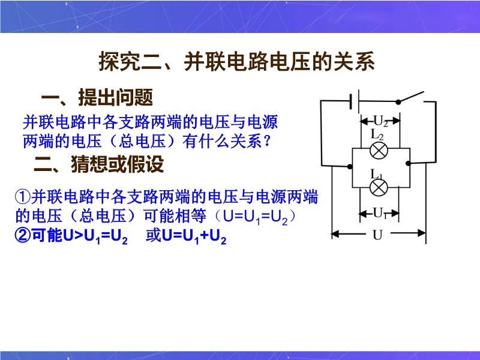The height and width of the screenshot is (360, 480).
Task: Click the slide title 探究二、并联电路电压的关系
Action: coord(236,62)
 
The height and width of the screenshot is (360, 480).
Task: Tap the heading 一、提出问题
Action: coord(97,97)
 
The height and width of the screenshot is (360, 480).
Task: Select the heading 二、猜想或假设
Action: coord(99,164)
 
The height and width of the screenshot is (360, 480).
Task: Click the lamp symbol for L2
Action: coord(379,151)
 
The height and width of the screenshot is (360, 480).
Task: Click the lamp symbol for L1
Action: coord(379,187)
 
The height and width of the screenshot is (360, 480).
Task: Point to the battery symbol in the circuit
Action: coord(354,100)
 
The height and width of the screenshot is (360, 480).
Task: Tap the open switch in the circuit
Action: coord(411,97)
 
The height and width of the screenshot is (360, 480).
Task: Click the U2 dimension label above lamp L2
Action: coord(380,121)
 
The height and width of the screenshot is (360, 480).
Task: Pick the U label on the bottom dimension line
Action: coord(378,235)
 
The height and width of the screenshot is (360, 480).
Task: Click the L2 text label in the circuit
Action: coord(377,134)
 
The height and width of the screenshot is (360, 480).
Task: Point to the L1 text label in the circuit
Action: coord(377,174)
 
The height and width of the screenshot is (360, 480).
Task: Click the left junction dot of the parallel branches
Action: coord(350,167)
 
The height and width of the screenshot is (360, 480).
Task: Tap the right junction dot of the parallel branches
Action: coord(408,163)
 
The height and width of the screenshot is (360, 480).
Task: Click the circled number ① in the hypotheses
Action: coord(22,197)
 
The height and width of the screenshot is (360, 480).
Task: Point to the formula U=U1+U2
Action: coord(194,236)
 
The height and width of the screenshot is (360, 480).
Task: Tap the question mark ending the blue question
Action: coord(267,141)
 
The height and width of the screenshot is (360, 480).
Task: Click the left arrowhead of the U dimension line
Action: coord(335,234)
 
